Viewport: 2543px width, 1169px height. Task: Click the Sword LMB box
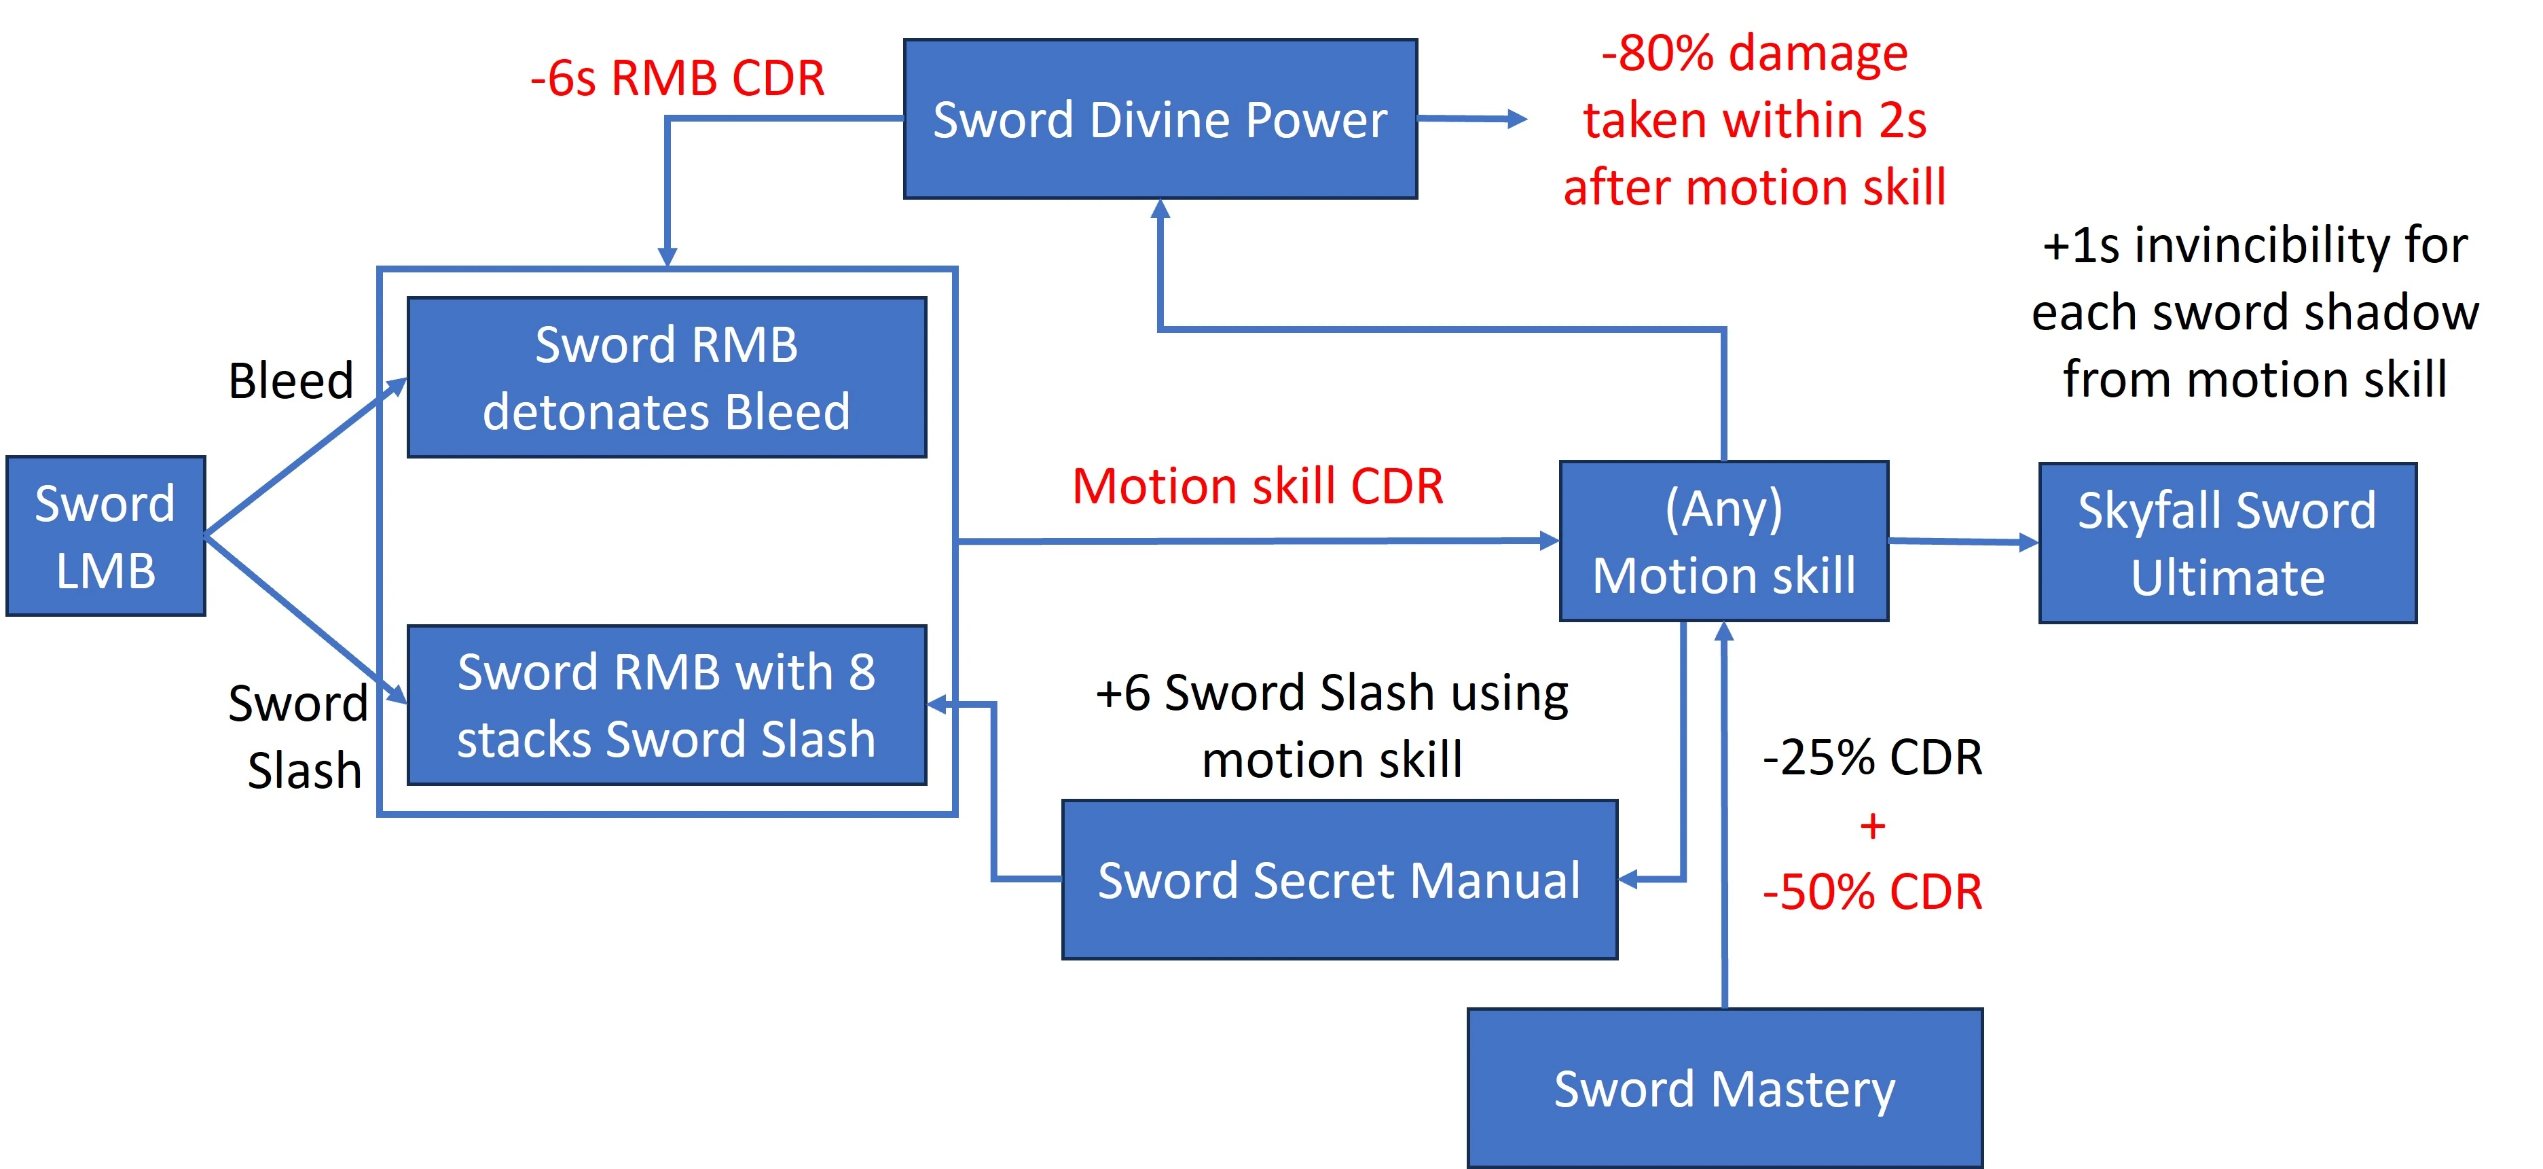(x=106, y=536)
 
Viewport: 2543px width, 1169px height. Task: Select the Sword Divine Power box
(x=1160, y=120)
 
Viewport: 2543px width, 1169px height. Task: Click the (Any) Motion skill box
(x=1723, y=541)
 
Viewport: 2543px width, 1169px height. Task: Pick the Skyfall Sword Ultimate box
(x=2227, y=543)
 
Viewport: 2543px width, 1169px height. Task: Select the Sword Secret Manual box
(x=1338, y=880)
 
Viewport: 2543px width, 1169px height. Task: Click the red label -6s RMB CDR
(x=677, y=78)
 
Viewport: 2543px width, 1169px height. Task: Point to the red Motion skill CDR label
(x=1258, y=486)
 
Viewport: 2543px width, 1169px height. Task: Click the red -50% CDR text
(x=1871, y=892)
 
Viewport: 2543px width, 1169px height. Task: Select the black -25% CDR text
(x=1871, y=757)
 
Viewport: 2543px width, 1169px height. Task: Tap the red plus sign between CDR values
(x=1871, y=825)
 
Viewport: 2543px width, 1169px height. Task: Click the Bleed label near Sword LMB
(x=290, y=380)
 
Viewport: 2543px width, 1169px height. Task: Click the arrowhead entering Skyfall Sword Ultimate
(x=2029, y=542)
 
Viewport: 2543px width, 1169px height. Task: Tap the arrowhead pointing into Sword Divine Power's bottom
(x=1160, y=209)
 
